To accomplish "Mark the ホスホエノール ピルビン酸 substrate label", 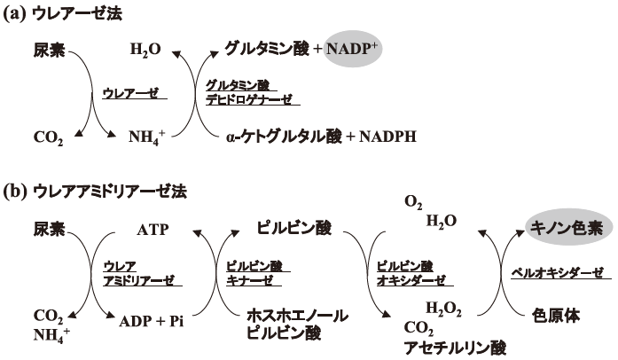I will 295,324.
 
